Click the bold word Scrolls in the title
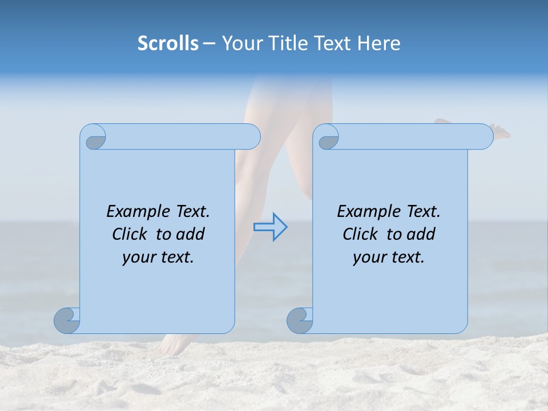pyautogui.click(x=168, y=43)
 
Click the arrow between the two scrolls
pyautogui.click(x=270, y=227)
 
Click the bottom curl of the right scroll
pyautogui.click(x=300, y=320)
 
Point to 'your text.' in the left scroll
pyautogui.click(x=158, y=257)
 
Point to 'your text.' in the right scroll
pyautogui.click(x=389, y=257)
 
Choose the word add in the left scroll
pyautogui.click(x=191, y=234)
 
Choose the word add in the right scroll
pyautogui.click(x=422, y=234)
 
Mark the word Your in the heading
pyautogui.click(x=239, y=43)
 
